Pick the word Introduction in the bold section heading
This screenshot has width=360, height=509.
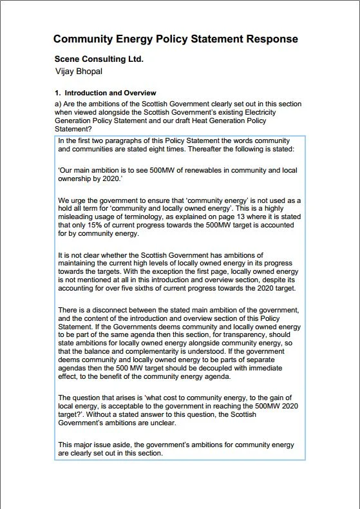[x=86, y=93]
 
